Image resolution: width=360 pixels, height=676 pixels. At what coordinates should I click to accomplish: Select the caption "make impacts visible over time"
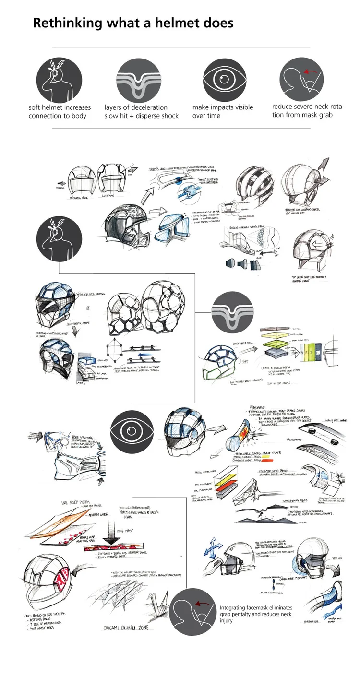[222, 111]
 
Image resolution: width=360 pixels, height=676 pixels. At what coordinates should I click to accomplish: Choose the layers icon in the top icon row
[137, 80]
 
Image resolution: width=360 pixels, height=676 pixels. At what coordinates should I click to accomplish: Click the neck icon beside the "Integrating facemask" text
[193, 611]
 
